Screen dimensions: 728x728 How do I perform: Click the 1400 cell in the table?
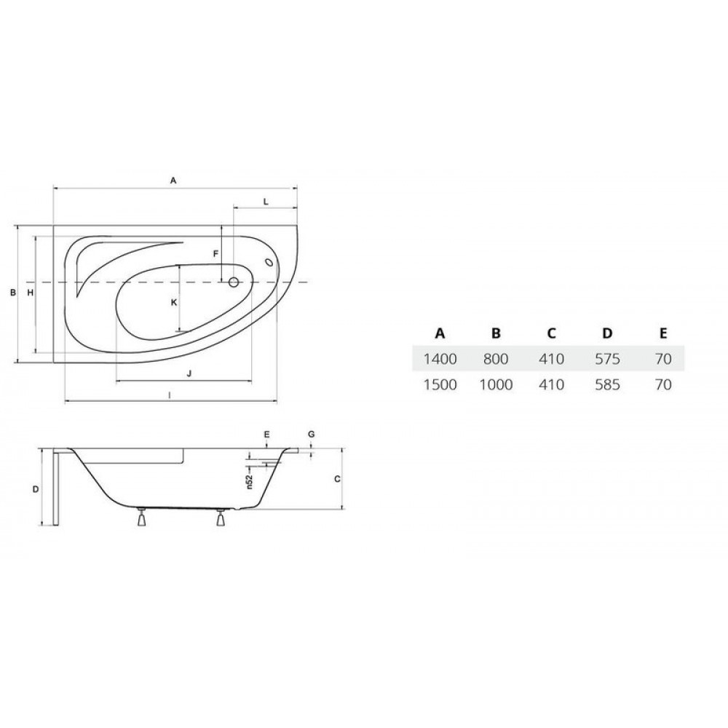point(440,358)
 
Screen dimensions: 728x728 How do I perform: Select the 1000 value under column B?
point(495,384)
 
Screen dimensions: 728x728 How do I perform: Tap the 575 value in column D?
point(607,358)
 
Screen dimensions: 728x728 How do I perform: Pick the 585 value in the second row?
point(607,384)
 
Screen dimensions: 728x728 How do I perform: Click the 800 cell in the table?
point(495,358)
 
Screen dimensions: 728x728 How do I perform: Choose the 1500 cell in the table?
point(440,384)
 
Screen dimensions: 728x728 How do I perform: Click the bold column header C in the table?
point(551,333)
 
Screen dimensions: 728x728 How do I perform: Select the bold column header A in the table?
point(440,333)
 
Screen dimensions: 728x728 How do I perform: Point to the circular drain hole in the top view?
point(234,282)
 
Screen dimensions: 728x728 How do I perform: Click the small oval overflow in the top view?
point(269,262)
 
